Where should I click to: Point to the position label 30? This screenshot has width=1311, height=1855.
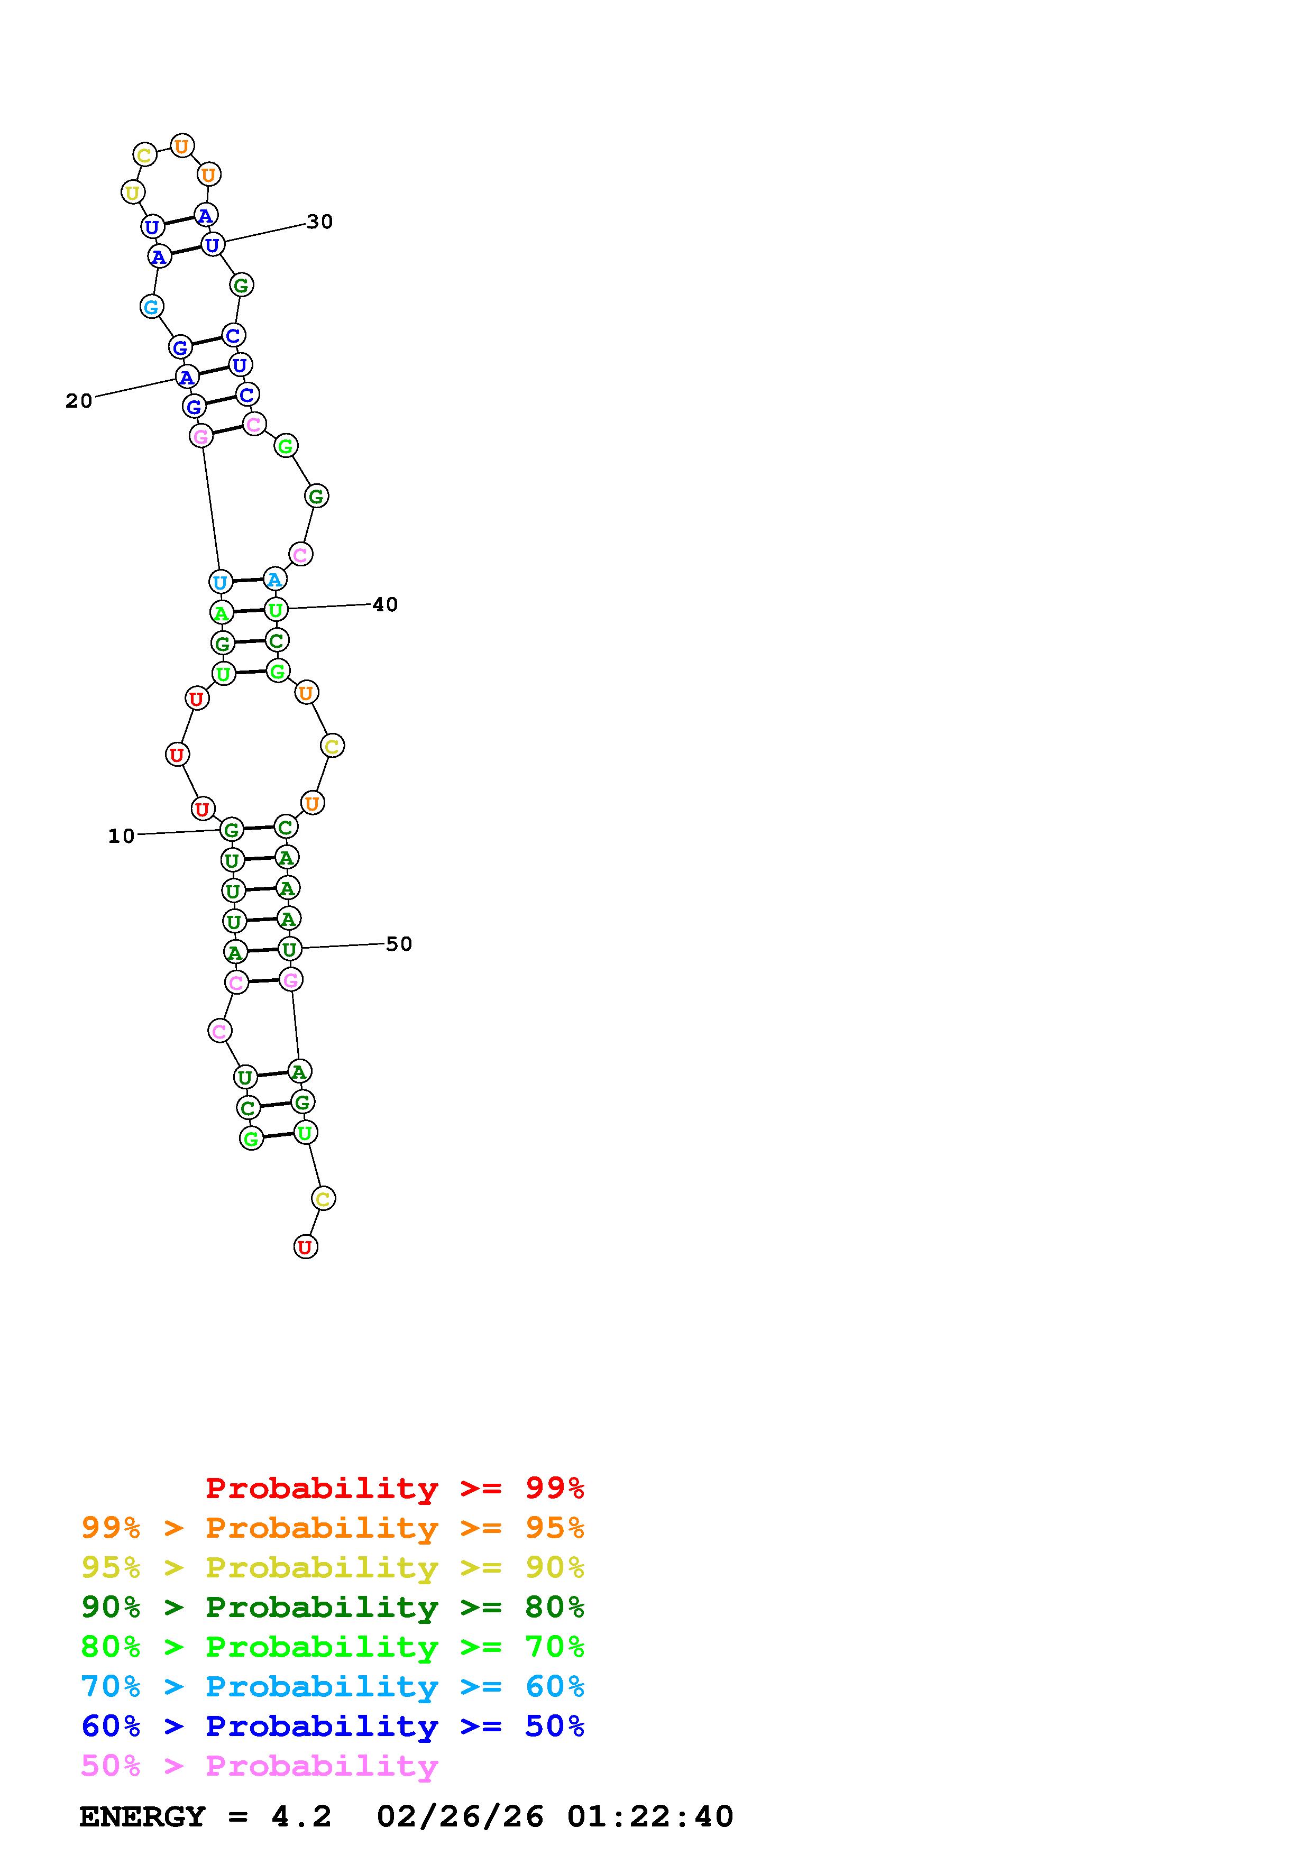pyautogui.click(x=320, y=222)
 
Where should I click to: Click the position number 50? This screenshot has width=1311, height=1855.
pyautogui.click(x=399, y=944)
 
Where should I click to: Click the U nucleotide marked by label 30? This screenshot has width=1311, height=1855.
pyautogui.click(x=212, y=244)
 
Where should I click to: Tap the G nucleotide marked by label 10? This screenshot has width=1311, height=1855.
pyautogui.click(x=232, y=829)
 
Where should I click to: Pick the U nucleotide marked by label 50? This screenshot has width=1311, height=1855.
pyautogui.click(x=289, y=949)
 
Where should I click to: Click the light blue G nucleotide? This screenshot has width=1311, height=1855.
pyautogui.click(x=152, y=307)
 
